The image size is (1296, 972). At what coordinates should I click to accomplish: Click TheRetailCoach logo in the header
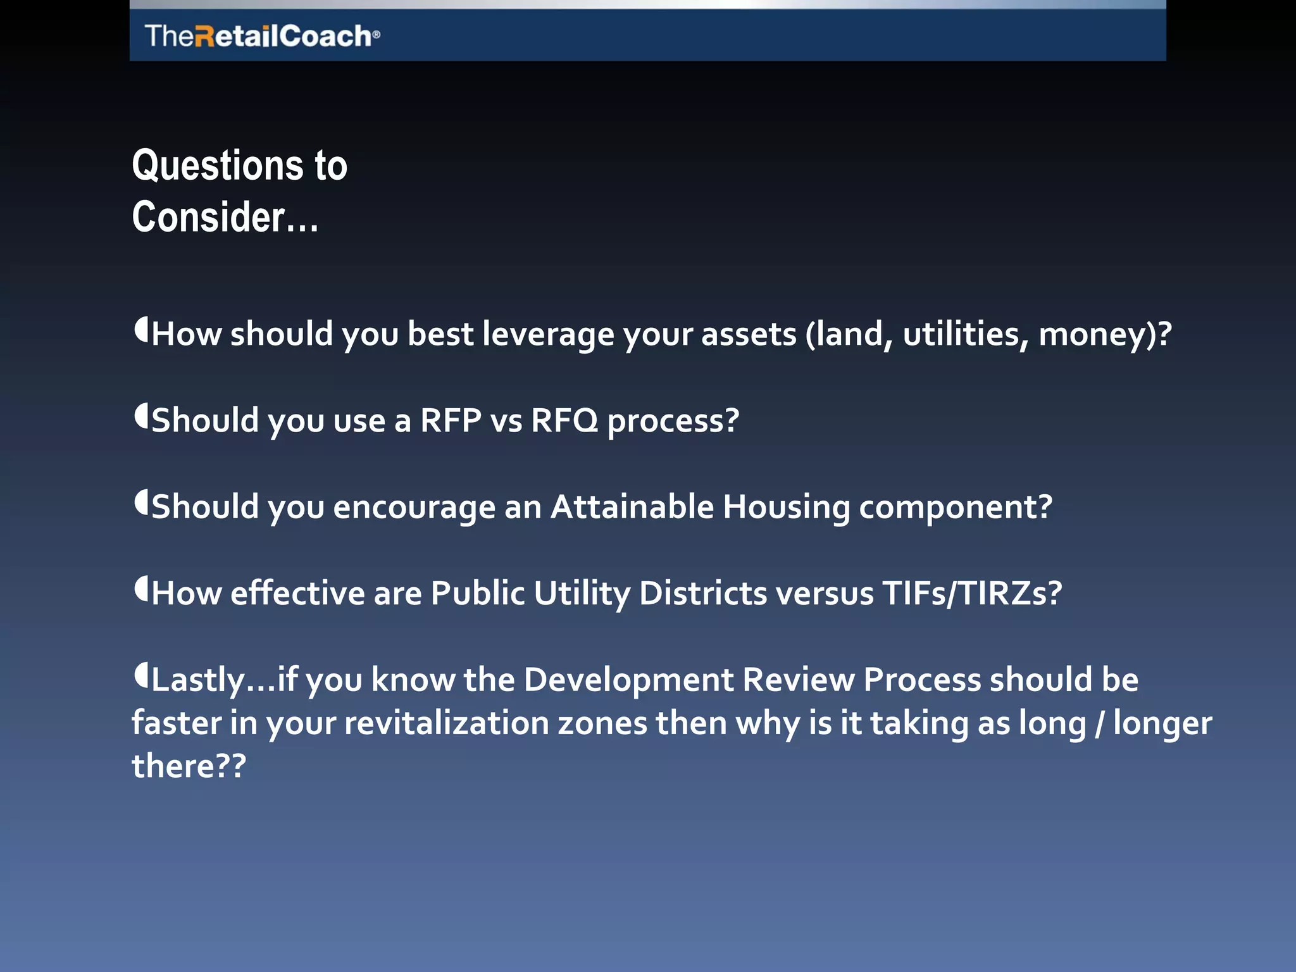click(x=262, y=36)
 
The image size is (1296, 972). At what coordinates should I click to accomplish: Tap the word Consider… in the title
click(x=225, y=218)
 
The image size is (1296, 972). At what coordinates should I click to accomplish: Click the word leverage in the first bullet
click(x=548, y=334)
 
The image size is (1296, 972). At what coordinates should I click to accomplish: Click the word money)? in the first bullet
click(x=1105, y=334)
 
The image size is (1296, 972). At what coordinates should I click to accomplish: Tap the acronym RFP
click(x=451, y=420)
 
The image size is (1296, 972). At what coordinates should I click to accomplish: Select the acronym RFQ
click(x=564, y=420)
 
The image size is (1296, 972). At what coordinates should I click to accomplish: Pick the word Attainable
click(x=632, y=507)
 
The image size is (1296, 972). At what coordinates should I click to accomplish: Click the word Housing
click(x=786, y=507)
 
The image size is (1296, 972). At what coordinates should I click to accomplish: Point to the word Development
click(x=628, y=680)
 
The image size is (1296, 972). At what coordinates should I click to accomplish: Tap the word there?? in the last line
click(x=189, y=766)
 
